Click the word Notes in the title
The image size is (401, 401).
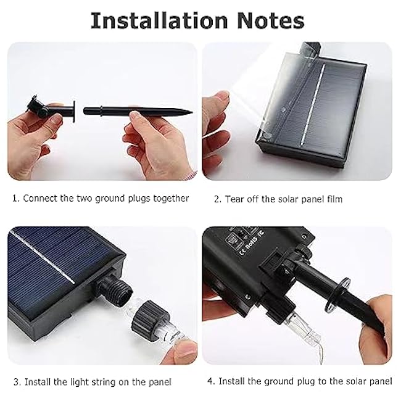[267, 20]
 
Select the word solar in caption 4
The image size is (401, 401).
[361, 382]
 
